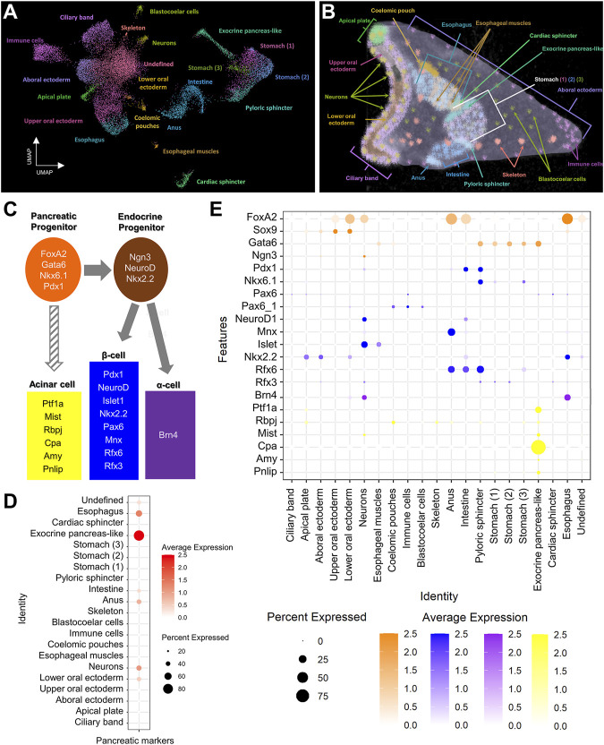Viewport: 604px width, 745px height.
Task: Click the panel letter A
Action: (x=11, y=12)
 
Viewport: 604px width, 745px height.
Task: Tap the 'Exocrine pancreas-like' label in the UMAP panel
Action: (x=250, y=30)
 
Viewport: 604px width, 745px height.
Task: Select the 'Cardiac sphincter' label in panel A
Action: (x=221, y=182)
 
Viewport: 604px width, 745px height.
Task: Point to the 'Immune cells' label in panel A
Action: (x=25, y=40)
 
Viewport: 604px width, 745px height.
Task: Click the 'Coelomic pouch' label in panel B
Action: (x=393, y=11)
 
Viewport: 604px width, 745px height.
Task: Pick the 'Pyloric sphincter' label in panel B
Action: (x=487, y=184)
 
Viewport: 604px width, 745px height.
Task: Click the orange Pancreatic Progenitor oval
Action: (x=53, y=270)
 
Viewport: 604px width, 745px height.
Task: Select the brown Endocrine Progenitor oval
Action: (x=140, y=269)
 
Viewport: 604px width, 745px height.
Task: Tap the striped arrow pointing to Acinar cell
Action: (x=54, y=338)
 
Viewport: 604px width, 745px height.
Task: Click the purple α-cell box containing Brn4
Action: (x=170, y=435)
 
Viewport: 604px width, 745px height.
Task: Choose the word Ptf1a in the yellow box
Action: (x=53, y=404)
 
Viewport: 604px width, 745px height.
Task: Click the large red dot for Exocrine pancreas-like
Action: (x=139, y=535)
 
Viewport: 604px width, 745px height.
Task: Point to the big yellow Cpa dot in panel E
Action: (x=538, y=447)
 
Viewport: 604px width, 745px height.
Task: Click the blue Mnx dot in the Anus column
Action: (x=451, y=331)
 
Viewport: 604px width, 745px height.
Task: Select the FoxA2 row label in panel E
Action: (x=261, y=217)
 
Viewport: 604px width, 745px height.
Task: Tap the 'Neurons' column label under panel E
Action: (x=363, y=508)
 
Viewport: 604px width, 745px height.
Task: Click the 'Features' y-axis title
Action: (x=223, y=339)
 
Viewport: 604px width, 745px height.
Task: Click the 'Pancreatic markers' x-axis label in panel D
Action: (x=135, y=741)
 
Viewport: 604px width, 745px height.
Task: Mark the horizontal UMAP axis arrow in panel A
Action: (x=50, y=166)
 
